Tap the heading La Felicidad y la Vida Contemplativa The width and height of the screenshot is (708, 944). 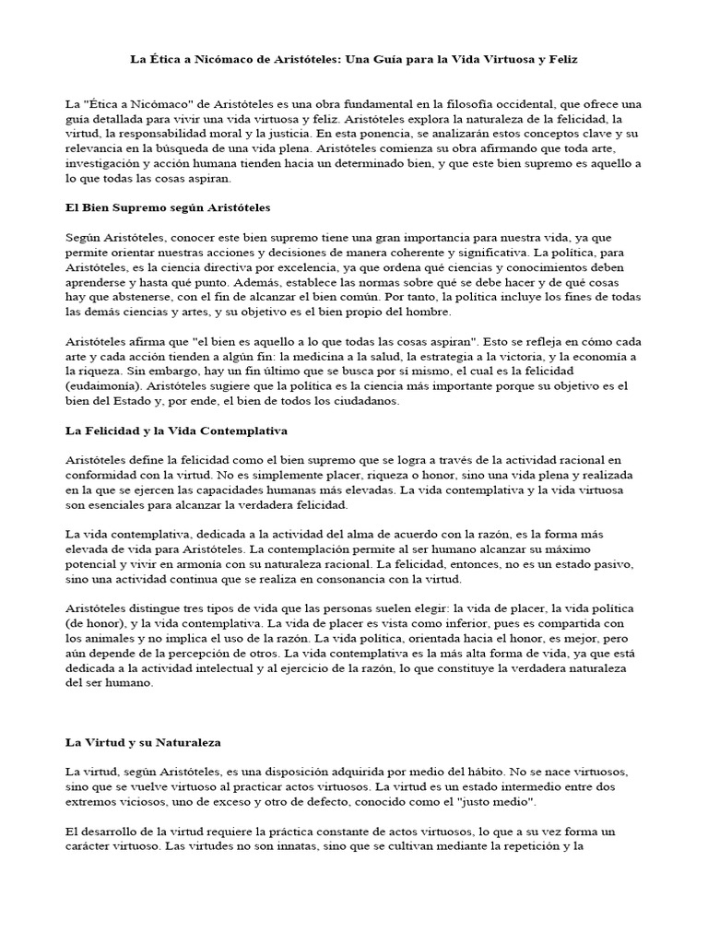[176, 431]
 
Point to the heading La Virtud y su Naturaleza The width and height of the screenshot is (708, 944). [143, 741]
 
